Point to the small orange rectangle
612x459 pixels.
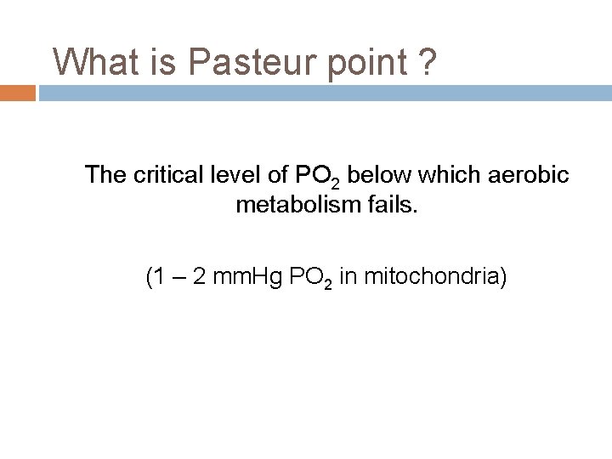point(17,93)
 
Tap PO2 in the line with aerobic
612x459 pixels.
point(318,177)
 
